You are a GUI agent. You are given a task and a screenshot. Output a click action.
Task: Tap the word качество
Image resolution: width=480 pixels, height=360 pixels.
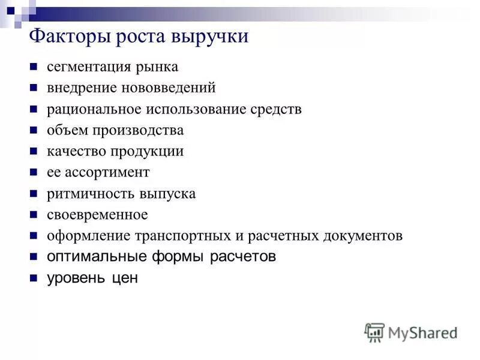73,151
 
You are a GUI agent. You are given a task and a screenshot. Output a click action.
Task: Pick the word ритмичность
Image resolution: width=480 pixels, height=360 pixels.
85,194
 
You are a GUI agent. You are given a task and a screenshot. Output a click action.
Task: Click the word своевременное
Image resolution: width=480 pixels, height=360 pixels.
97,214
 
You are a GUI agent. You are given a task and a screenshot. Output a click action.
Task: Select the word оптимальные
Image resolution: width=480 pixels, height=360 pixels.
97,257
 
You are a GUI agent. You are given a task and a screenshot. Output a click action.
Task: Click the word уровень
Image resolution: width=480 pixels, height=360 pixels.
74,278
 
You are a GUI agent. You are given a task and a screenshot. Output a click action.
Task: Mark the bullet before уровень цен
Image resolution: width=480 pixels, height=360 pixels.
34,278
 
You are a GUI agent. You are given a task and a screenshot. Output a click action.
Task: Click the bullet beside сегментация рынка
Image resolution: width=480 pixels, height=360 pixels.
34,67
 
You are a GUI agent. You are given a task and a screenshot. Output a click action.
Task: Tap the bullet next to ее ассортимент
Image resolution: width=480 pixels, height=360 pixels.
34,173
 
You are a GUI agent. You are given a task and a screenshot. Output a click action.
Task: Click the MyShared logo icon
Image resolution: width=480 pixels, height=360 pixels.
374,332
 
